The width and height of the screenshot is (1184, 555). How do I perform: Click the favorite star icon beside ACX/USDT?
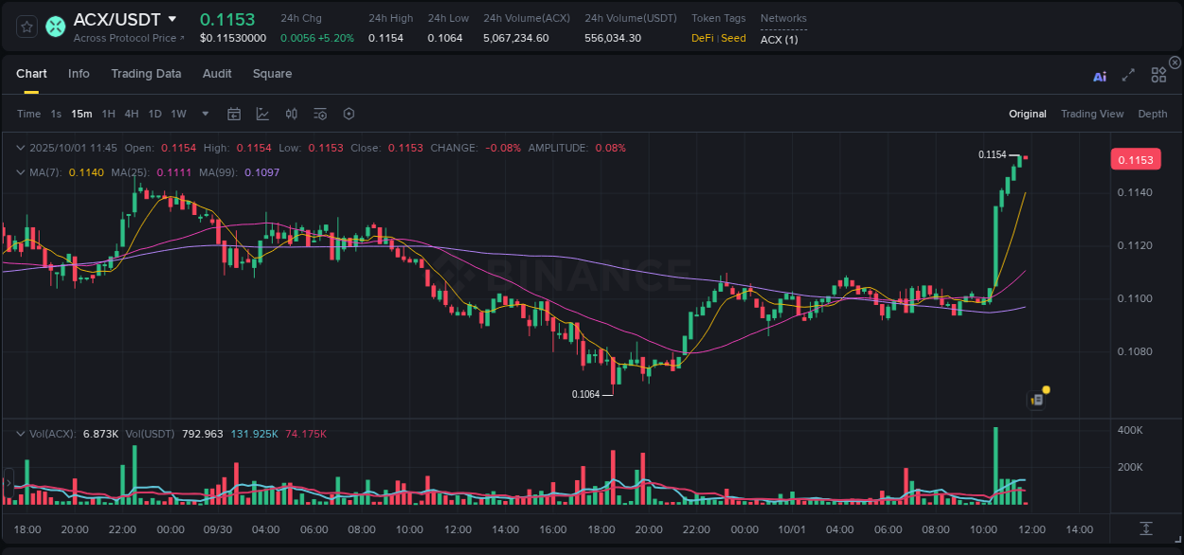tap(27, 27)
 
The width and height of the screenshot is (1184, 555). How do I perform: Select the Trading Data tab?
tap(146, 74)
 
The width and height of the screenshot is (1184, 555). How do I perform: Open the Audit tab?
tap(217, 74)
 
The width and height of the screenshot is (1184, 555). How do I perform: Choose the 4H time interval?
tap(132, 114)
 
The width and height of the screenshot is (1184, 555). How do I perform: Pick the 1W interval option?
tap(178, 114)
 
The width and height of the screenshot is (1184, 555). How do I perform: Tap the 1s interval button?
tap(56, 114)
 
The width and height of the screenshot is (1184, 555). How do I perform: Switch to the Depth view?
tap(1153, 114)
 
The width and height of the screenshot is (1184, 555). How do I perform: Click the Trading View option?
tap(1092, 114)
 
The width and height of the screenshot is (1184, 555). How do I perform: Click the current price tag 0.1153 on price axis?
tap(1135, 159)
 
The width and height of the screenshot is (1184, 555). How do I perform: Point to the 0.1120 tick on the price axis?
tap(1135, 245)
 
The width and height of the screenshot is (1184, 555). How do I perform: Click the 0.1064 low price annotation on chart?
tap(585, 394)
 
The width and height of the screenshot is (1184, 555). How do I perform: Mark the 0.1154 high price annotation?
tap(992, 154)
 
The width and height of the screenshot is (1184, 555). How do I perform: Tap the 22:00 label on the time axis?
tap(122, 529)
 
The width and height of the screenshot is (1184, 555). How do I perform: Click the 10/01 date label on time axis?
tap(791, 529)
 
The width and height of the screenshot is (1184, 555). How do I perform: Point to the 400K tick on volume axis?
tap(1130, 430)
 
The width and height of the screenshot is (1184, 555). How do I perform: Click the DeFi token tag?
tap(702, 38)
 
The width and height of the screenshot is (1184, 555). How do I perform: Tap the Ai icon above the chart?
tap(1100, 76)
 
